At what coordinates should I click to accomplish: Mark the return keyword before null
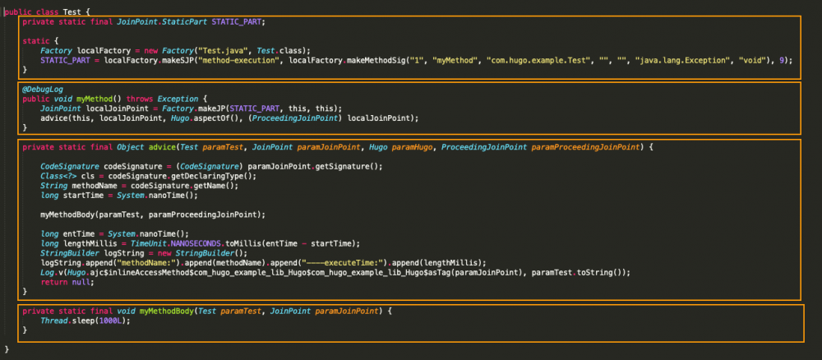tap(53, 282)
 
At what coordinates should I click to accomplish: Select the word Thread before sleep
tap(55, 321)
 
